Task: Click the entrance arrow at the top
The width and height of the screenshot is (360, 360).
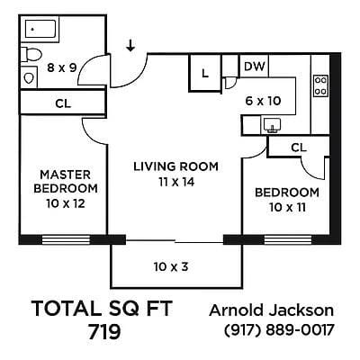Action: tap(131, 45)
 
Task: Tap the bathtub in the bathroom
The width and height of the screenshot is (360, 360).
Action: tap(41, 31)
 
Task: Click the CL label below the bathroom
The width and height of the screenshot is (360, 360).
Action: tap(62, 103)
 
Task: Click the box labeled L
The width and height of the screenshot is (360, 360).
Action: tap(204, 74)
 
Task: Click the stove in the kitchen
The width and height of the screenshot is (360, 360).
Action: tap(319, 86)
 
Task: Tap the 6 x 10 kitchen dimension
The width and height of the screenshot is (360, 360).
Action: tap(263, 101)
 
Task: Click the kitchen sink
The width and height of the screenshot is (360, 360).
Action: tap(273, 127)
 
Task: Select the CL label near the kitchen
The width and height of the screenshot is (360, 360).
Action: tap(299, 147)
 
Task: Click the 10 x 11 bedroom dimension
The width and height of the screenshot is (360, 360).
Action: tap(286, 209)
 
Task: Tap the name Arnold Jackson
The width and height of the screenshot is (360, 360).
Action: tap(271, 310)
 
